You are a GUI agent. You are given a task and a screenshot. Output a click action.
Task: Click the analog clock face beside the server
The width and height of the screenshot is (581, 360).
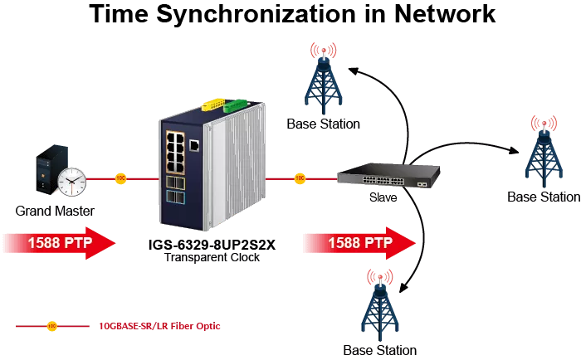pyautogui.click(x=72, y=181)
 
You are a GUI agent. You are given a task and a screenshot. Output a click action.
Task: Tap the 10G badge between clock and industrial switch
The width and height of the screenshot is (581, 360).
pyautogui.click(x=120, y=178)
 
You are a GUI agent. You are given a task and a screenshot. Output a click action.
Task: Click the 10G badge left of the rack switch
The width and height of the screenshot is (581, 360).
pyautogui.click(x=300, y=178)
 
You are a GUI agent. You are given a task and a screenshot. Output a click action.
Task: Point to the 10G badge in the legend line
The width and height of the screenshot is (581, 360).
pyautogui.click(x=52, y=326)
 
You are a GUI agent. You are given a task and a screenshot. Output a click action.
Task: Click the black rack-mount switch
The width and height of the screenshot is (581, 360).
pyautogui.click(x=388, y=176)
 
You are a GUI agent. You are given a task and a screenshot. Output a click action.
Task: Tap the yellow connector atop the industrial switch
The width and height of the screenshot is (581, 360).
pyautogui.click(x=214, y=106)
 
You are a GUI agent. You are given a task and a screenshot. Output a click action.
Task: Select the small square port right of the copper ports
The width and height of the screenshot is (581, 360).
pyautogui.click(x=194, y=145)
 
